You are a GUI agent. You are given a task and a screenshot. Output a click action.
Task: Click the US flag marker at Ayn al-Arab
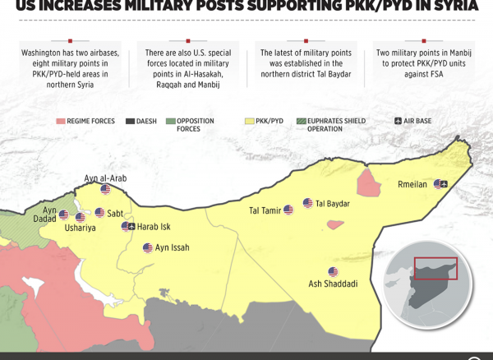105,189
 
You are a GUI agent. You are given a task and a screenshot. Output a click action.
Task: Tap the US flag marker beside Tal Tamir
288,210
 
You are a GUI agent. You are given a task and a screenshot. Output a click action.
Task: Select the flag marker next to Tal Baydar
307,203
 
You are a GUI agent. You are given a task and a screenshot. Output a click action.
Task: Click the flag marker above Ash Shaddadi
333,272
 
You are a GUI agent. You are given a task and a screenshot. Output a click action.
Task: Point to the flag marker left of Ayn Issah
147,247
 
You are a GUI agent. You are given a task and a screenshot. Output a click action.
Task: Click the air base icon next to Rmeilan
445,184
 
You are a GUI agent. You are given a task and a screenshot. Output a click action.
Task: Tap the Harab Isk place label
154,226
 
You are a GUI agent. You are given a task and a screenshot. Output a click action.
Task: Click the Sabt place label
115,214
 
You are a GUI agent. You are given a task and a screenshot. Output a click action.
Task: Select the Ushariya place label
80,228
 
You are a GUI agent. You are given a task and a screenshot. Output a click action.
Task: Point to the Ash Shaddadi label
333,284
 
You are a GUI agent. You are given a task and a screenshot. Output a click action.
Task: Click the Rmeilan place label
412,185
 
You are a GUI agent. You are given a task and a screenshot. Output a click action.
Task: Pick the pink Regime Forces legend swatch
61,122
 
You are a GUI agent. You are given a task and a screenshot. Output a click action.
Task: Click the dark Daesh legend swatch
130,122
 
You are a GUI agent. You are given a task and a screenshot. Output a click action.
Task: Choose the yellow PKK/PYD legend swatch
249,122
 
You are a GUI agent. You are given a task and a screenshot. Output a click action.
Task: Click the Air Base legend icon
399,122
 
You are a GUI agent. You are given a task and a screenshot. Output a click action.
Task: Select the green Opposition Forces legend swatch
170,122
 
